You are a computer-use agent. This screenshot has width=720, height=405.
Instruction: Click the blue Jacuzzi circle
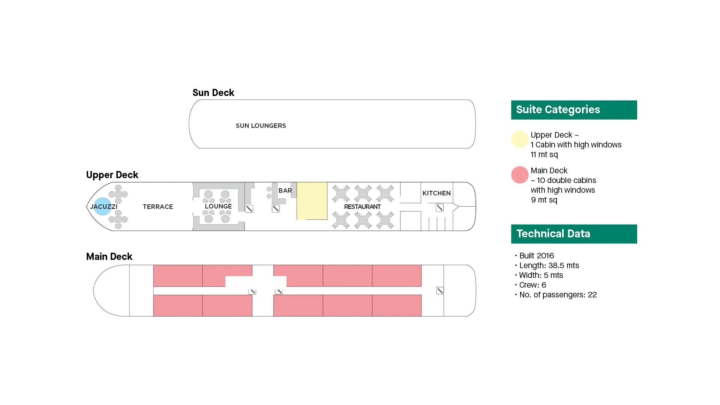102,206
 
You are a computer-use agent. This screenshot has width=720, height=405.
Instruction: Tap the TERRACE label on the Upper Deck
158,207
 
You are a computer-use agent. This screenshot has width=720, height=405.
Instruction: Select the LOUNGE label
218,206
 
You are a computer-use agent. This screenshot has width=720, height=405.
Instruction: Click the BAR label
285,190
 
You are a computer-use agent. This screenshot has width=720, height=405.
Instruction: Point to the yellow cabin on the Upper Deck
312,201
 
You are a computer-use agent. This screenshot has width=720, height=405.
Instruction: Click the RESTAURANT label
362,207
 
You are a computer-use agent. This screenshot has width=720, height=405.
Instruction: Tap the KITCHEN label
436,193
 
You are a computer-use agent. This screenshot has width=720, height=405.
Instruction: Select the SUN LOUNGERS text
261,126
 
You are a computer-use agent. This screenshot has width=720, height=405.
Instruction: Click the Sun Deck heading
213,93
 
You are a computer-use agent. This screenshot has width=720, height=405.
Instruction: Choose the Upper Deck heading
112,175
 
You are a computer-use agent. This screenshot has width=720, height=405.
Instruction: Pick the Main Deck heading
109,256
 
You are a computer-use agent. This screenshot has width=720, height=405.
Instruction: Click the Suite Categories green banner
574,110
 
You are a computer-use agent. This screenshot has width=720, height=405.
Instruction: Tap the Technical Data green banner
574,234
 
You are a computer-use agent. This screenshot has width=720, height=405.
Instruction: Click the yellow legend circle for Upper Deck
520,139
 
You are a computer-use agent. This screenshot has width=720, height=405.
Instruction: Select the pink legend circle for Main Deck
520,175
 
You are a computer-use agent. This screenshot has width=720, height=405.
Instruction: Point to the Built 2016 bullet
536,256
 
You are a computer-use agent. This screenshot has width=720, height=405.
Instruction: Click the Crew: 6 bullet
532,285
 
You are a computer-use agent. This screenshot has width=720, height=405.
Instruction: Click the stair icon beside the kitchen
439,208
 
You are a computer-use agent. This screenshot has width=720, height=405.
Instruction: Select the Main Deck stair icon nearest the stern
440,291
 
